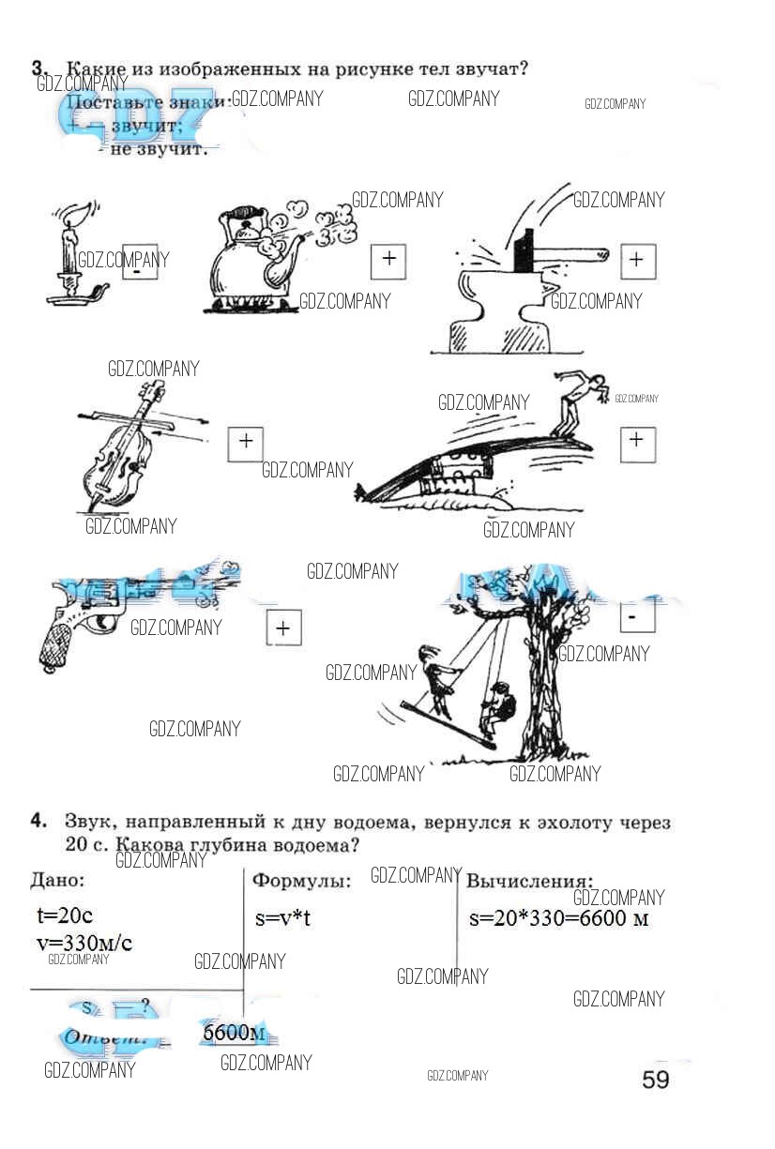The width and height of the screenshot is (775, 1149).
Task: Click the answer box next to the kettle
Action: point(388,260)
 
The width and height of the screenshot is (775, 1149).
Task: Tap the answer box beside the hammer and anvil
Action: point(637,260)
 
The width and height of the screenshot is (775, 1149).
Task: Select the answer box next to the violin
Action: point(246,442)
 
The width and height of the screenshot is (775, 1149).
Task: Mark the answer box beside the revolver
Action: point(283,628)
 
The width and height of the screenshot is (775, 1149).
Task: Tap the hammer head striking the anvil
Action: point(523,249)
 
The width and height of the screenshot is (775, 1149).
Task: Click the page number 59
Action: point(656,1080)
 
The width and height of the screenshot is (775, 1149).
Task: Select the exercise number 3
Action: point(38,68)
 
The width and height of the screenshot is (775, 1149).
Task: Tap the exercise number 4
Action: point(38,822)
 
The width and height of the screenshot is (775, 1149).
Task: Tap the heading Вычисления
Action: point(530,882)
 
